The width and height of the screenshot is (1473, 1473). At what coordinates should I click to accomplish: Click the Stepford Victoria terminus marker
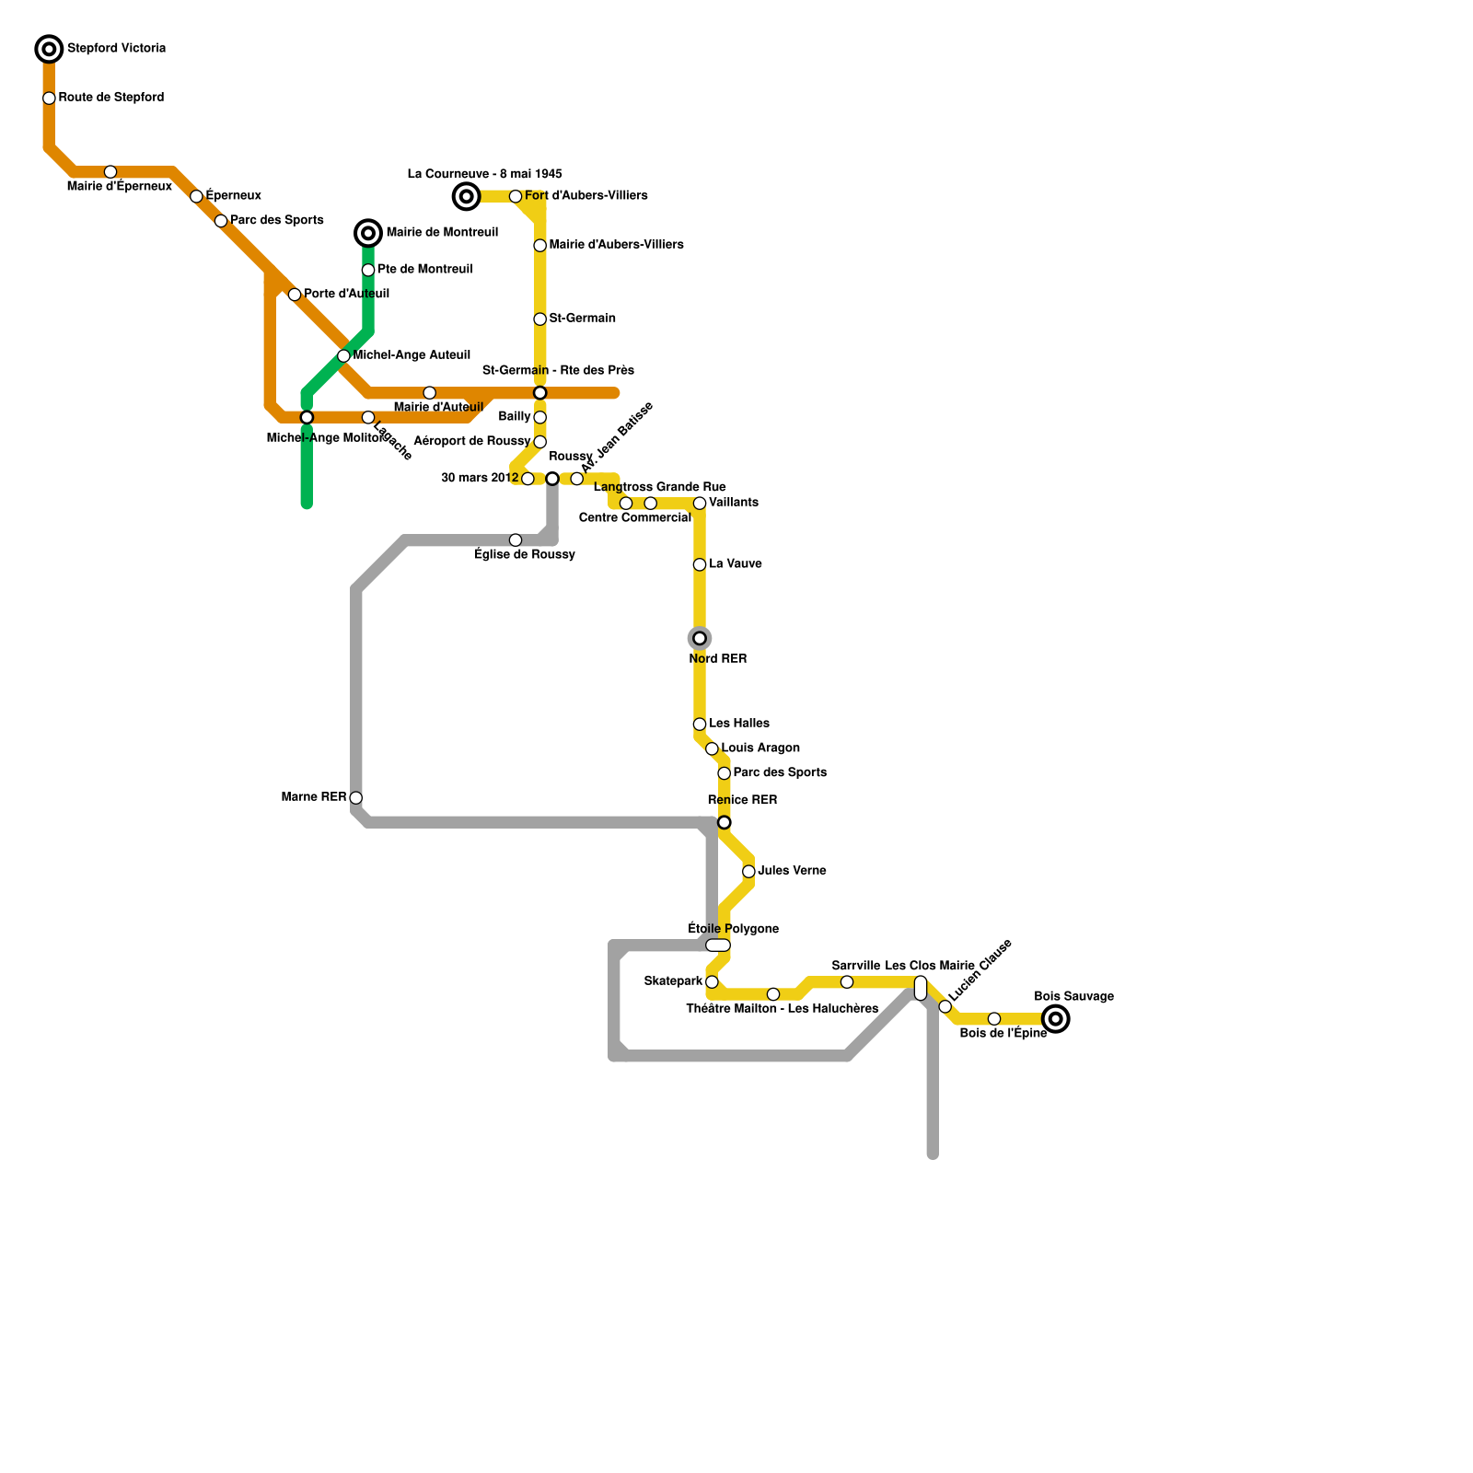(49, 49)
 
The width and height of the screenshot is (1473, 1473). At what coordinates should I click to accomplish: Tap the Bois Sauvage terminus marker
(1056, 1019)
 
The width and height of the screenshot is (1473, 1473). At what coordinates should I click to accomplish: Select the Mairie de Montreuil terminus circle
(368, 233)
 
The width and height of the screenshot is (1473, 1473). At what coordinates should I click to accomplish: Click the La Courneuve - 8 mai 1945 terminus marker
(467, 196)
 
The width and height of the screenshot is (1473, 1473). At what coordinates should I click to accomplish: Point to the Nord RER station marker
(700, 638)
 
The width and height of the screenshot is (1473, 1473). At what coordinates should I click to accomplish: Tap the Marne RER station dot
(356, 797)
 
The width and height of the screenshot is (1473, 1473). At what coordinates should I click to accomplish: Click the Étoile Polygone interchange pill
(718, 945)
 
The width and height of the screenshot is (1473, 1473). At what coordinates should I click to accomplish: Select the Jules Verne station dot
(748, 871)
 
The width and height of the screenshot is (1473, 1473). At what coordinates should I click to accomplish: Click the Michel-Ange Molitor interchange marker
(307, 417)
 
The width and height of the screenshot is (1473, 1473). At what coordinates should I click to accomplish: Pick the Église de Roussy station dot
(516, 540)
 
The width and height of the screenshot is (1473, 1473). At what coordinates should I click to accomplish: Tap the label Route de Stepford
(111, 98)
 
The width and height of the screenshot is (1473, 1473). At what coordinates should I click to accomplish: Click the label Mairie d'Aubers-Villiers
(616, 245)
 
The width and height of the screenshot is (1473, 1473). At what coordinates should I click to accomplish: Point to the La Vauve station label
(735, 564)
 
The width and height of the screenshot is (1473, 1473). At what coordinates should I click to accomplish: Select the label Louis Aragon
(760, 748)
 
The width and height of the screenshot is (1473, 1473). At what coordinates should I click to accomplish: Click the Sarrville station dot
(847, 982)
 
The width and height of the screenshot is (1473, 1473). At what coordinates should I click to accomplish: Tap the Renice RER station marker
(725, 822)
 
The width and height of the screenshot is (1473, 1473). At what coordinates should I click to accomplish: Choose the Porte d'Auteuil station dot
(295, 295)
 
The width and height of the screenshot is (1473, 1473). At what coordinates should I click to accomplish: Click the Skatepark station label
(673, 981)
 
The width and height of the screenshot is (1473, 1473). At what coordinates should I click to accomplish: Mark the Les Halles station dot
(700, 725)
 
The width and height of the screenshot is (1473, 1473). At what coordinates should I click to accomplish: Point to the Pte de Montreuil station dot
(368, 270)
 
